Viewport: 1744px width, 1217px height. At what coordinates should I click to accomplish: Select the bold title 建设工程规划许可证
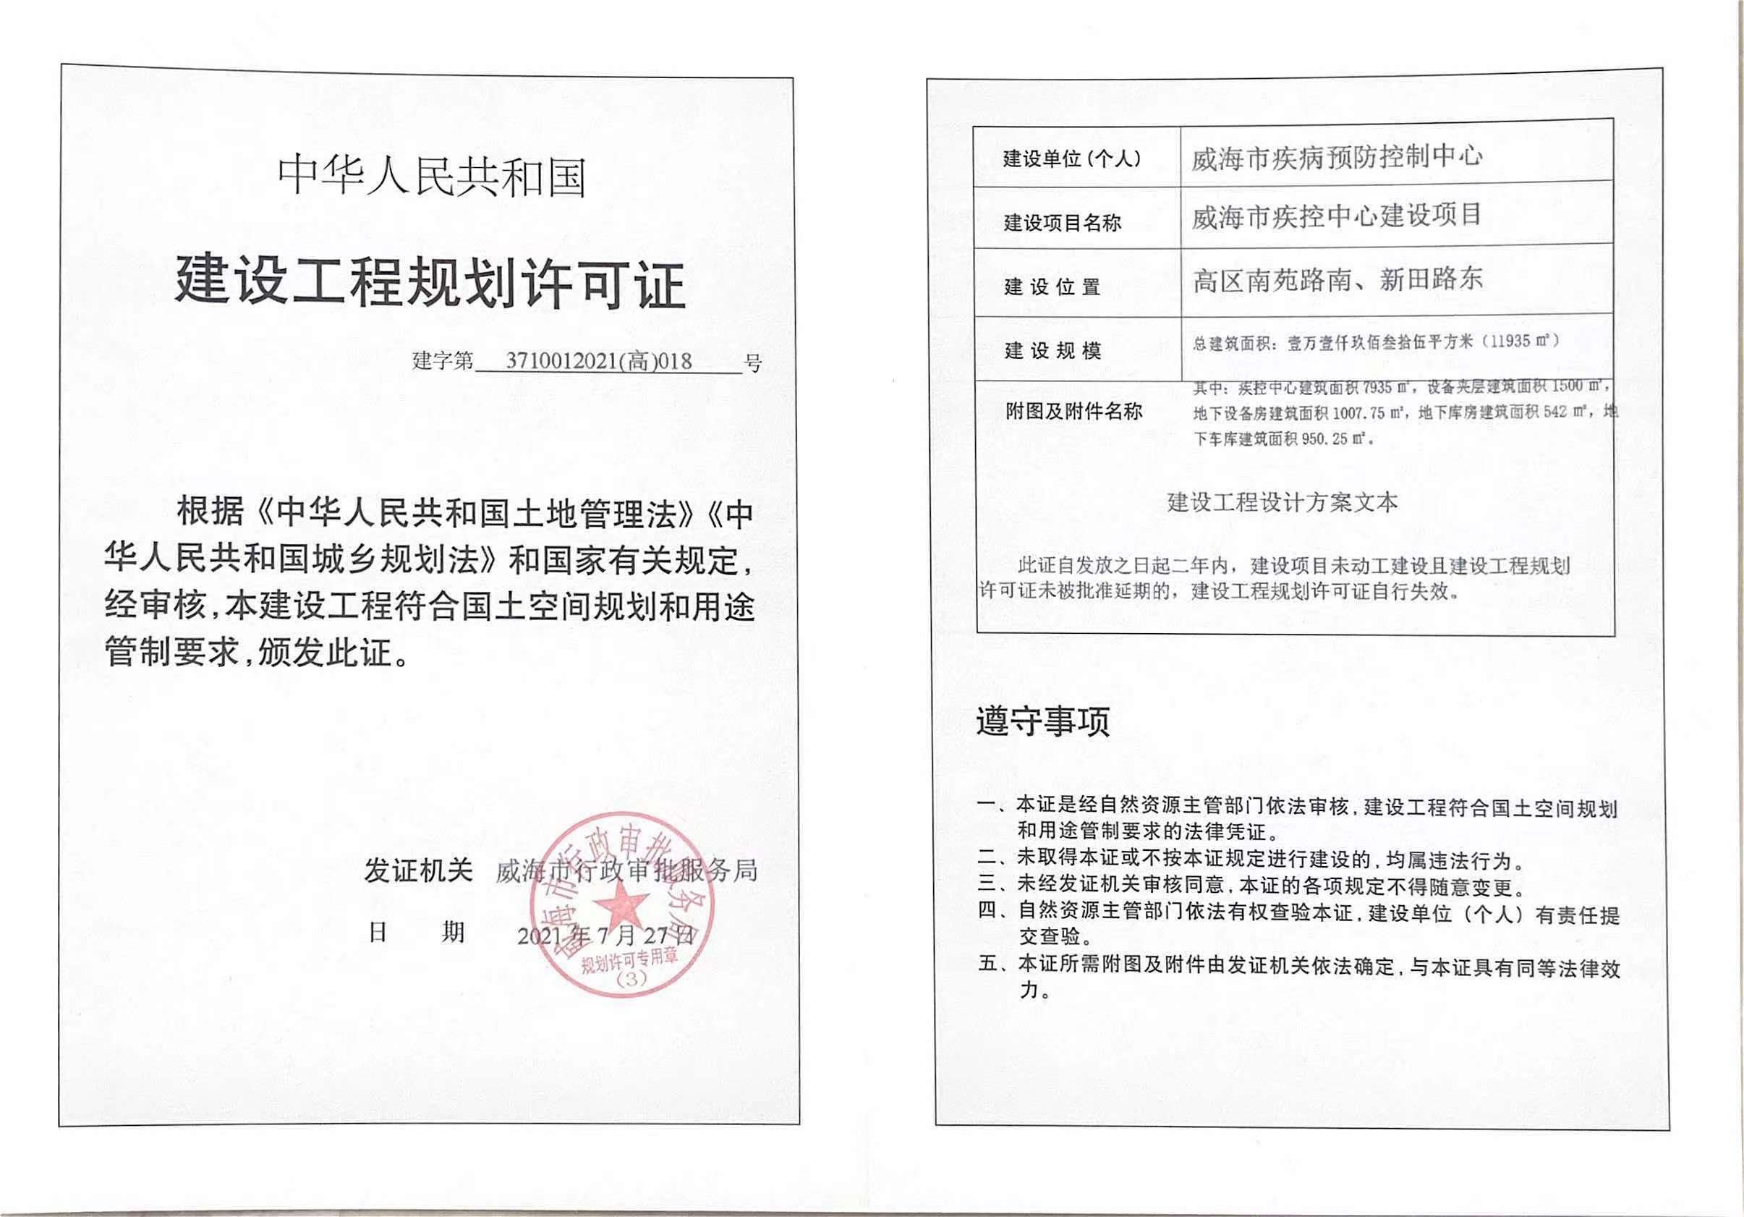[430, 284]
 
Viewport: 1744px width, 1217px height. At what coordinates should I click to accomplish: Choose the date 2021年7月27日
[605, 935]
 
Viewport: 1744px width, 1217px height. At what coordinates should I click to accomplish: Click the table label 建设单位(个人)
[1072, 158]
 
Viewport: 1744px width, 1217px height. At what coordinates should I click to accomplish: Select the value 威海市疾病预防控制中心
[1336, 157]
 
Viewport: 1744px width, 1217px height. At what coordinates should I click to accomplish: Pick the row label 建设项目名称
[1062, 224]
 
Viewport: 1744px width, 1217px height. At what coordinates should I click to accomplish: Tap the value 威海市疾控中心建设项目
[1336, 216]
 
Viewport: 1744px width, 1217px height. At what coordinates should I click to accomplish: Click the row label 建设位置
[1052, 287]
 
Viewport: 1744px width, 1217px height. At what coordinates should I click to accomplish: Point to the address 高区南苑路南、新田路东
[1337, 279]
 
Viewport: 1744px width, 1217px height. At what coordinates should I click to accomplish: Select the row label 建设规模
[1052, 351]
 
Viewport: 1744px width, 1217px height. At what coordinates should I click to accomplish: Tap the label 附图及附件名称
[1073, 412]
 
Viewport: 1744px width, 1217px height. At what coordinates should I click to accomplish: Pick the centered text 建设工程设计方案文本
[1283, 502]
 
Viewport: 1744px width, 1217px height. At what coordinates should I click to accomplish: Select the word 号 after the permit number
[753, 363]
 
